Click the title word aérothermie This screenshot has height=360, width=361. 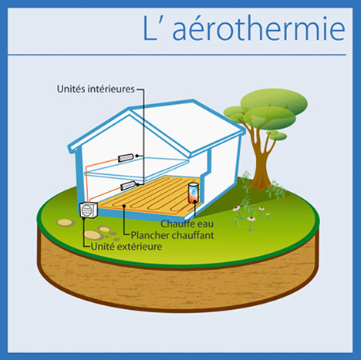[x=258, y=28]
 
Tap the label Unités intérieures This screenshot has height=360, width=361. [x=96, y=89]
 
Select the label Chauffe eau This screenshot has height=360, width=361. [x=187, y=224]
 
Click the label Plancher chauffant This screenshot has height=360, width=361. [x=172, y=235]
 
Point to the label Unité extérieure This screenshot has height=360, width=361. [x=127, y=247]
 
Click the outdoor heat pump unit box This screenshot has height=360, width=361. [x=89, y=210]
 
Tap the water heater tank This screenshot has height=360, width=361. [x=194, y=193]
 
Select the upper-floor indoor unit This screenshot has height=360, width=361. [x=126, y=158]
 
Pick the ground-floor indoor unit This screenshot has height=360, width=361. [x=128, y=185]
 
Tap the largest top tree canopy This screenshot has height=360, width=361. [x=274, y=103]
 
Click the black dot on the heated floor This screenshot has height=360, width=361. [x=124, y=206]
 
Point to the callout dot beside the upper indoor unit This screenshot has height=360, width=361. [x=137, y=156]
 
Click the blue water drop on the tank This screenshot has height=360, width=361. [x=194, y=191]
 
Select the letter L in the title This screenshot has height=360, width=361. [x=150, y=28]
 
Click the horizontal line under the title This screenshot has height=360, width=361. [x=177, y=55]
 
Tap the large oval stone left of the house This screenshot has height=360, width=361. [x=93, y=234]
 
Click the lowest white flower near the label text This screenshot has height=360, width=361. [x=251, y=219]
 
